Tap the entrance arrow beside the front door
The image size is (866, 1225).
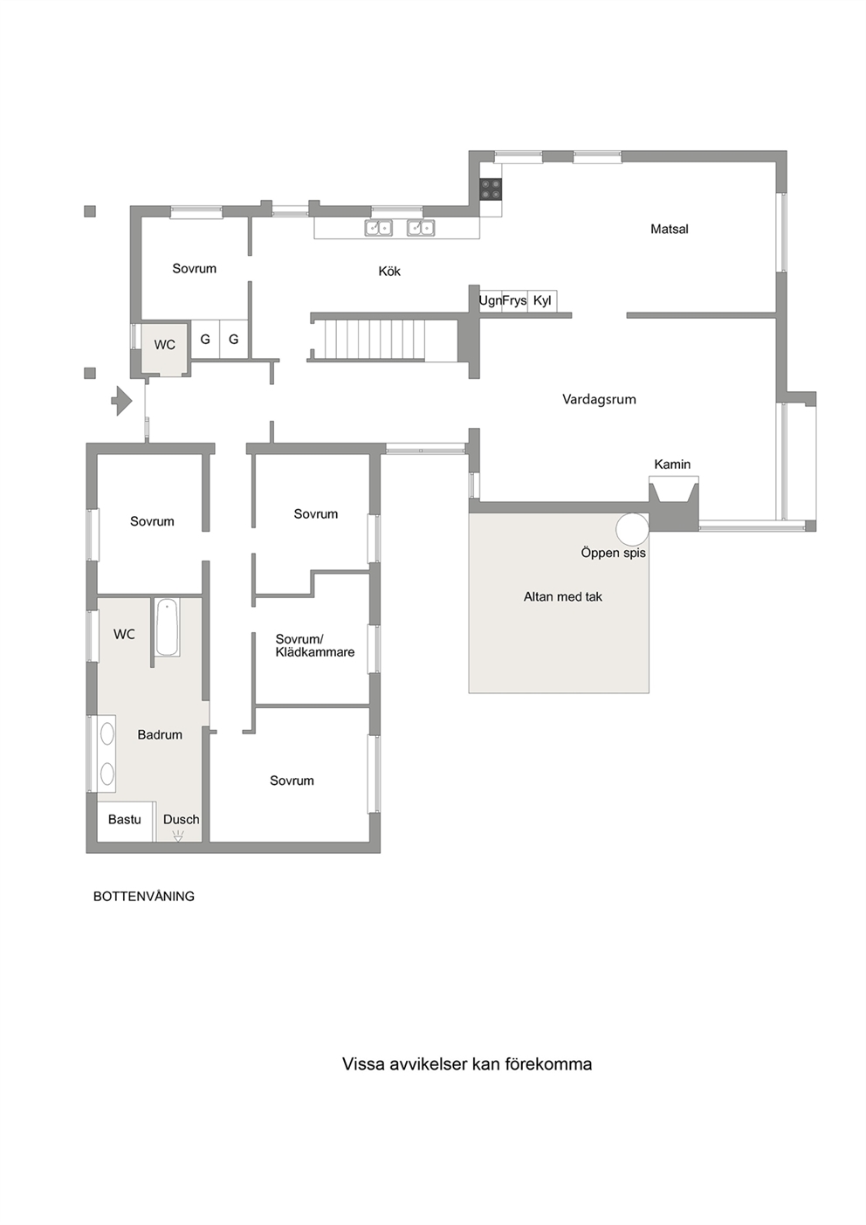(122, 401)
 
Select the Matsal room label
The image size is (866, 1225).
(670, 229)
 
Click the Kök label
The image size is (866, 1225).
(389, 272)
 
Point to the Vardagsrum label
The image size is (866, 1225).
(599, 399)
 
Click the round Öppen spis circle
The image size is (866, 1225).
(633, 529)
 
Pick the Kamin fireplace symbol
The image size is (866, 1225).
(674, 490)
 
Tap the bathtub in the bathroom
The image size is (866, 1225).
(167, 627)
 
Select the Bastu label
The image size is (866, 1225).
(124, 819)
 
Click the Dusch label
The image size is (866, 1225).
(181, 819)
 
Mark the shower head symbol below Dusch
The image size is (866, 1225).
(178, 835)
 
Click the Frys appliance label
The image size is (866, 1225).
(514, 300)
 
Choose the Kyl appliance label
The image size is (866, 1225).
(542, 300)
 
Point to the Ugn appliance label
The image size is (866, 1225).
(491, 300)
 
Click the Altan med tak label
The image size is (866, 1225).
(562, 596)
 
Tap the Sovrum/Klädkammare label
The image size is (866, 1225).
(315, 645)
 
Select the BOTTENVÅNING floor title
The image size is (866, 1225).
(144, 896)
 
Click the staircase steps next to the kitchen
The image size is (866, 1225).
(375, 340)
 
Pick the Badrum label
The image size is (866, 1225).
(160, 734)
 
